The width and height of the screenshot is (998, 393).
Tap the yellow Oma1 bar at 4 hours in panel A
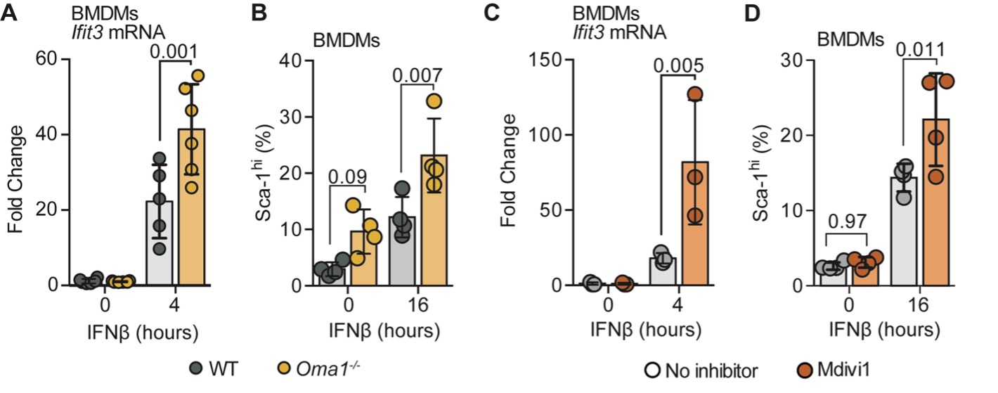[x=191, y=211]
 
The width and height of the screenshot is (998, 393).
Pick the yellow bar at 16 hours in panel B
[x=434, y=225]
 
